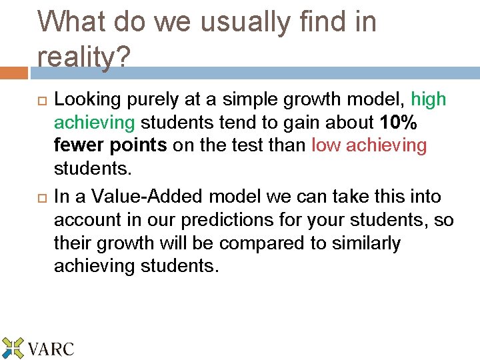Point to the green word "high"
click(429, 100)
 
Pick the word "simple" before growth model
click(257, 100)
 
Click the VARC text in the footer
click(51, 349)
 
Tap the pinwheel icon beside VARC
click(13, 348)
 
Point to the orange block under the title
click(14, 72)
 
